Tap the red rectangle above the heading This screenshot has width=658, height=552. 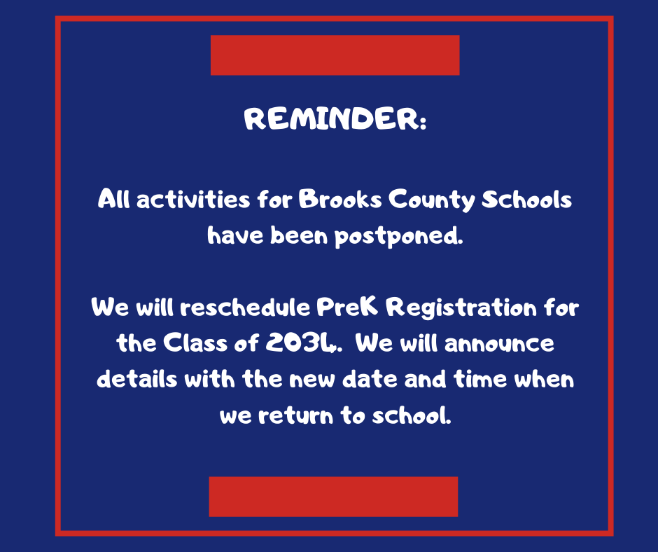point(335,55)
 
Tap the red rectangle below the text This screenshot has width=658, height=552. point(333,497)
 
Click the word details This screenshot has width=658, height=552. point(137,380)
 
